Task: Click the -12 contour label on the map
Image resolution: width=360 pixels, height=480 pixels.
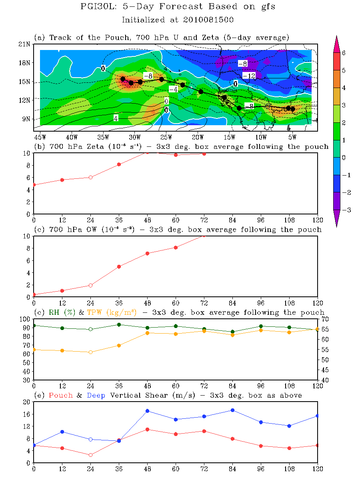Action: click(x=249, y=76)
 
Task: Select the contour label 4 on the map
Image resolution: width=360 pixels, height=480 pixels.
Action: click(x=116, y=118)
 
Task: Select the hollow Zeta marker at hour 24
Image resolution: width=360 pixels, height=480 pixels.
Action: click(x=90, y=177)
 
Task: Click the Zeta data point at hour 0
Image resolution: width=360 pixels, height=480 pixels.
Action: click(x=34, y=185)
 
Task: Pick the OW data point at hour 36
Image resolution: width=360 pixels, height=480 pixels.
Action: click(x=119, y=266)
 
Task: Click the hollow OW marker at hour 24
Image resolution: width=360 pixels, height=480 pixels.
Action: click(x=90, y=285)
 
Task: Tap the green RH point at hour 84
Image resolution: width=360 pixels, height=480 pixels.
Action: click(x=232, y=332)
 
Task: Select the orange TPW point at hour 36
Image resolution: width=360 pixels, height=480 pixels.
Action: click(x=119, y=345)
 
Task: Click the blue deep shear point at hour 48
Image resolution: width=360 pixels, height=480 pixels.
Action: click(x=147, y=411)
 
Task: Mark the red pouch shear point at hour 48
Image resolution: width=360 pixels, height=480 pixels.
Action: click(x=147, y=429)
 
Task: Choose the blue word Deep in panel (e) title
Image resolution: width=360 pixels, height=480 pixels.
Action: click(x=96, y=395)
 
